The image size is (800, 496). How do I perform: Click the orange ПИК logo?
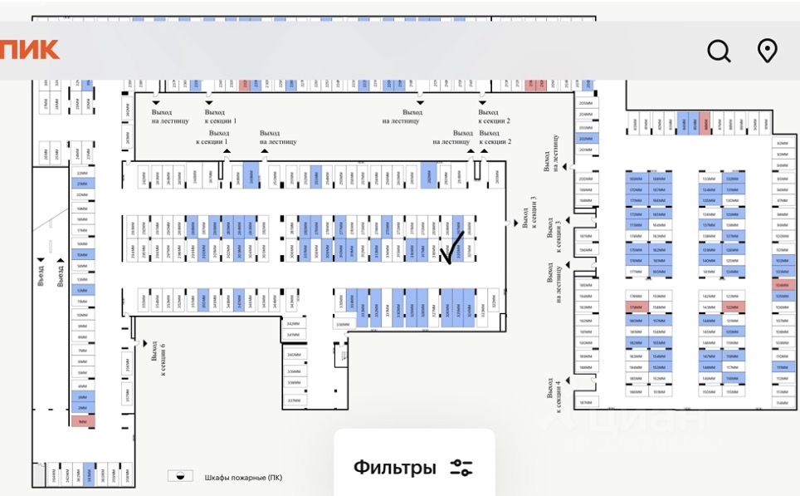point(29,49)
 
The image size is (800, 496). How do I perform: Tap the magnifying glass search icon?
point(719,52)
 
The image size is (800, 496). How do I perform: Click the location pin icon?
point(768,51)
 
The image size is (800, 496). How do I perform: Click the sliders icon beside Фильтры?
point(461,468)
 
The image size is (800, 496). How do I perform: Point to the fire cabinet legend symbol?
point(180,476)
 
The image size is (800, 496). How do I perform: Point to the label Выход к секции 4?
point(554,394)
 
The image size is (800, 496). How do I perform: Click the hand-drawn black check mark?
point(452,247)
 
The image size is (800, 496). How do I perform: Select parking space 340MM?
point(294,355)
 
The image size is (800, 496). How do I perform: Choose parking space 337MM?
point(294,400)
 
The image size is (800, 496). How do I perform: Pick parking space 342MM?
point(293,324)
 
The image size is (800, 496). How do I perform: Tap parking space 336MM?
point(343,324)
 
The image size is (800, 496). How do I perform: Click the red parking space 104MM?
point(782,284)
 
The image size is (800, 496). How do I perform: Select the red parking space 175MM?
point(636,307)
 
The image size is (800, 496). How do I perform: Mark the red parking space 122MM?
point(732,307)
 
